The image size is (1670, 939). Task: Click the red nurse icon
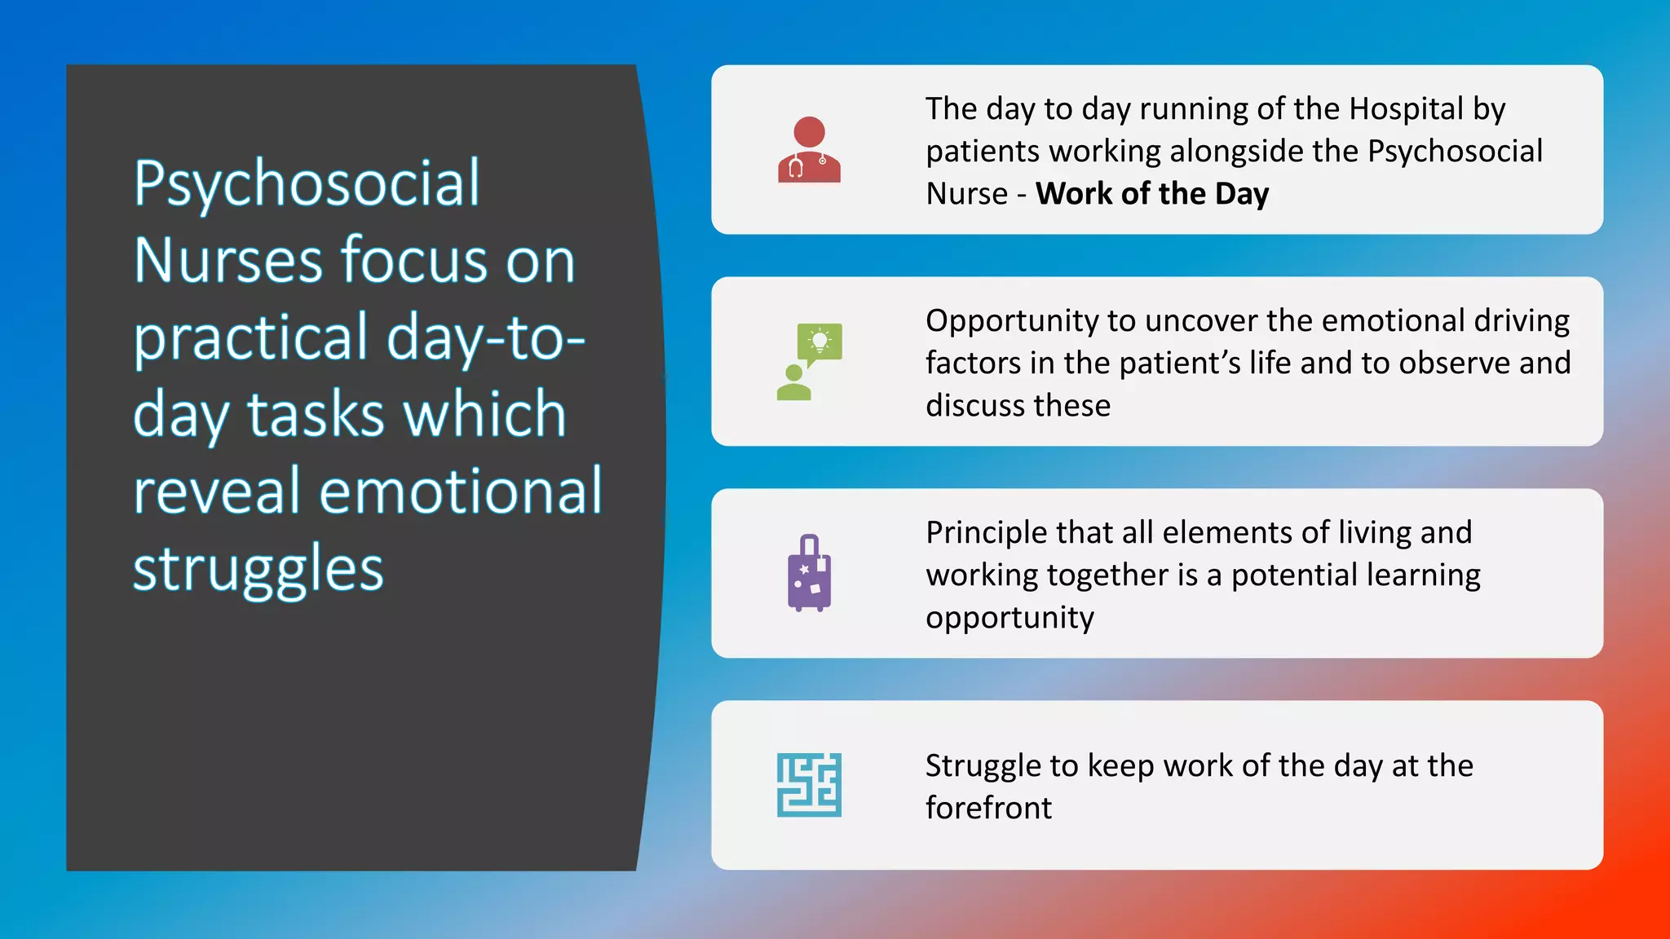point(809,150)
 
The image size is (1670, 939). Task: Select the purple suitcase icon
point(809,573)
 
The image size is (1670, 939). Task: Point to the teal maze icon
point(809,785)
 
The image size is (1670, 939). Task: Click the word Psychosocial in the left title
point(307,184)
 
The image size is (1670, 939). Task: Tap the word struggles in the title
point(258,568)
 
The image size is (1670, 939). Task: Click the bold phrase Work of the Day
point(1151,194)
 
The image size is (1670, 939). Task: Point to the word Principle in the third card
point(986,533)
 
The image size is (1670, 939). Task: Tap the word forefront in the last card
point(988,809)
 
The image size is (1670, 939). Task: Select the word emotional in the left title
point(461,492)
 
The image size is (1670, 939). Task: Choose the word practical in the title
point(251,337)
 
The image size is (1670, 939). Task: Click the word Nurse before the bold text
point(966,194)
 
